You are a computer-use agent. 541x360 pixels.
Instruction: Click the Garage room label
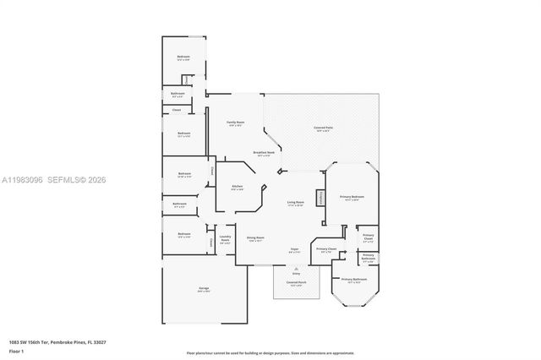pyautogui.click(x=204, y=289)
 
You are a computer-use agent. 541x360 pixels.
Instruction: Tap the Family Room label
pyautogui.click(x=235, y=123)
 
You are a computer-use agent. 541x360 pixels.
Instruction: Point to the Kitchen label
pyautogui.click(x=238, y=187)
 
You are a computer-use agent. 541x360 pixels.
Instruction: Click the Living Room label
pyautogui.click(x=295, y=204)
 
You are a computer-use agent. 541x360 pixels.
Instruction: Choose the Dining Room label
pyautogui.click(x=255, y=238)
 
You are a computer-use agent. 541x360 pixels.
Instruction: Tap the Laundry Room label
pyautogui.click(x=225, y=240)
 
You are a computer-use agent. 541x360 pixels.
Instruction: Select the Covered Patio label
pyautogui.click(x=322, y=128)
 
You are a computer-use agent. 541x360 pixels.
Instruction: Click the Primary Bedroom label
pyautogui.click(x=351, y=197)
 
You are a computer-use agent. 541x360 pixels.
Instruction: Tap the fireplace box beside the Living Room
pyautogui.click(x=320, y=197)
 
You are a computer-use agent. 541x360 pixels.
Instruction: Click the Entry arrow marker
pyautogui.click(x=296, y=272)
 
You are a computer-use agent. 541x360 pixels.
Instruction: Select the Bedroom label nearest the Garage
pyautogui.click(x=183, y=234)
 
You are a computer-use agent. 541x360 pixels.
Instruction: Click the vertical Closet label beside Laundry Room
pyautogui.click(x=211, y=242)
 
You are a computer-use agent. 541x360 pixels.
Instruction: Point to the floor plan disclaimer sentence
pyautogui.click(x=270, y=352)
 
